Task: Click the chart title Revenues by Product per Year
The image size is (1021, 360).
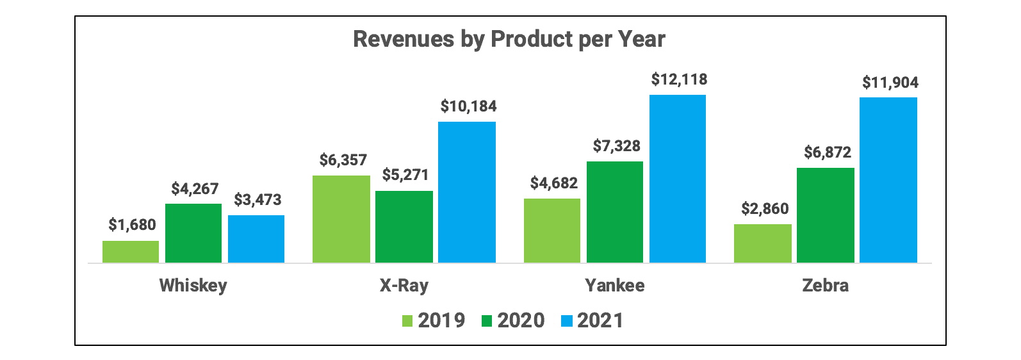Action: (x=509, y=40)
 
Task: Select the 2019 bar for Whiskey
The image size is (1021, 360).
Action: (x=131, y=252)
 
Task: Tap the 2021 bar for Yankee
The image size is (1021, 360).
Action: (x=678, y=179)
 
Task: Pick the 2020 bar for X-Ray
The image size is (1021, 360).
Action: (x=404, y=227)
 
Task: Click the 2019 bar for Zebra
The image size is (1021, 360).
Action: (x=762, y=243)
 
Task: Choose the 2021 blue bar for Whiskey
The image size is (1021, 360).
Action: (x=256, y=239)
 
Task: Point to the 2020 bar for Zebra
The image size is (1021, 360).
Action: (x=825, y=215)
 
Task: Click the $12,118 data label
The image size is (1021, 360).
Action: (x=679, y=80)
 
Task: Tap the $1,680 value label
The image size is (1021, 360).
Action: (x=132, y=225)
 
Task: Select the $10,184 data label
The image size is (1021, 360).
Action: (x=468, y=106)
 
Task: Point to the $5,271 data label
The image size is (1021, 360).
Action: (x=405, y=175)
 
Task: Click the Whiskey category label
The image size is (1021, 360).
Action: (x=193, y=285)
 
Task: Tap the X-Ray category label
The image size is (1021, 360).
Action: (x=404, y=285)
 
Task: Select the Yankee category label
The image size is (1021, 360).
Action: (x=614, y=285)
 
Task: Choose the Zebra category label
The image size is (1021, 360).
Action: (x=825, y=285)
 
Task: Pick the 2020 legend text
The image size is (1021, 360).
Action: (x=521, y=320)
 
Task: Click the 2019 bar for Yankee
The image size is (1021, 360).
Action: (x=552, y=231)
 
